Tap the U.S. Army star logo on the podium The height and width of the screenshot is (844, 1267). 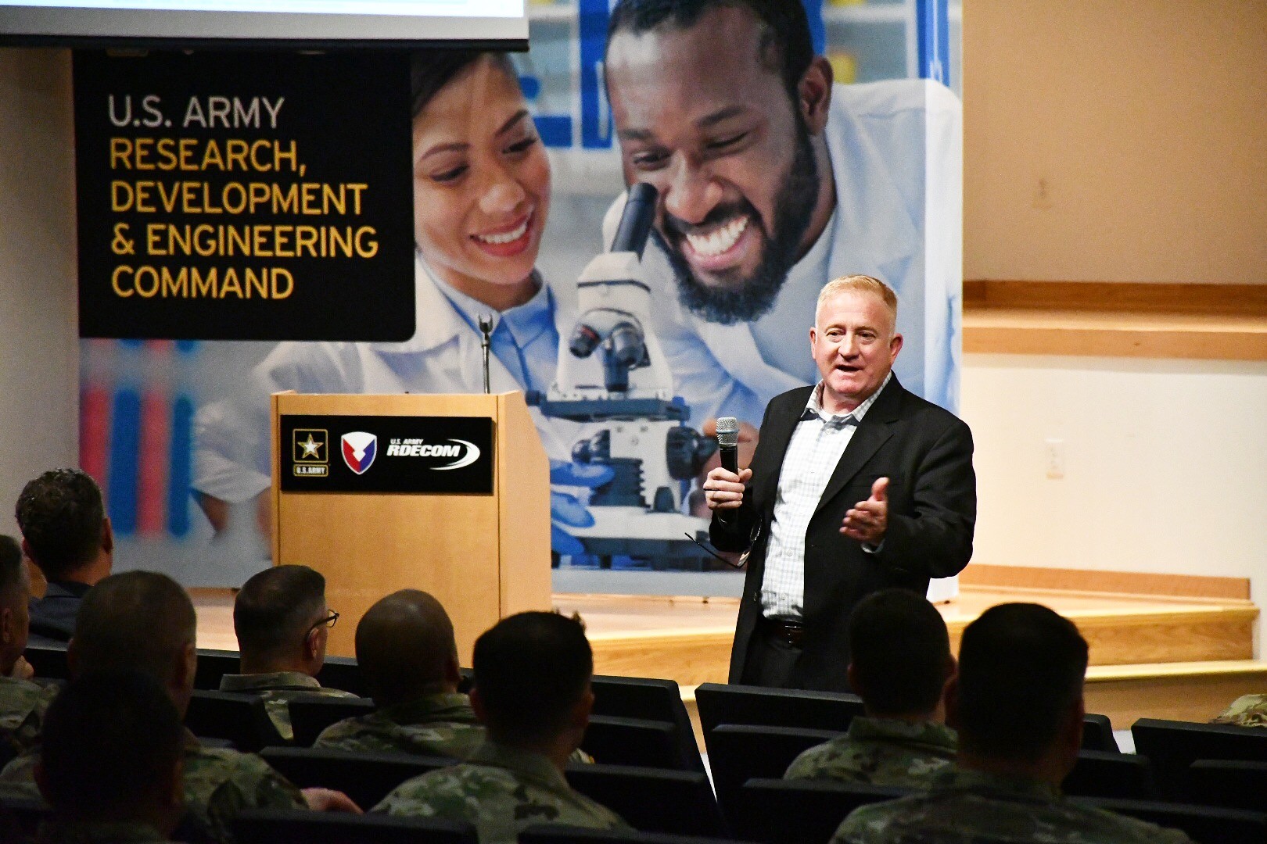pos(310,451)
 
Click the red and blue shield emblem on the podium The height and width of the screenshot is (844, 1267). pos(356,453)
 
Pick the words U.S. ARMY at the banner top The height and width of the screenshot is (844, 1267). pos(196,112)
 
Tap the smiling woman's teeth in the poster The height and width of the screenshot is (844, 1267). pos(502,232)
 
